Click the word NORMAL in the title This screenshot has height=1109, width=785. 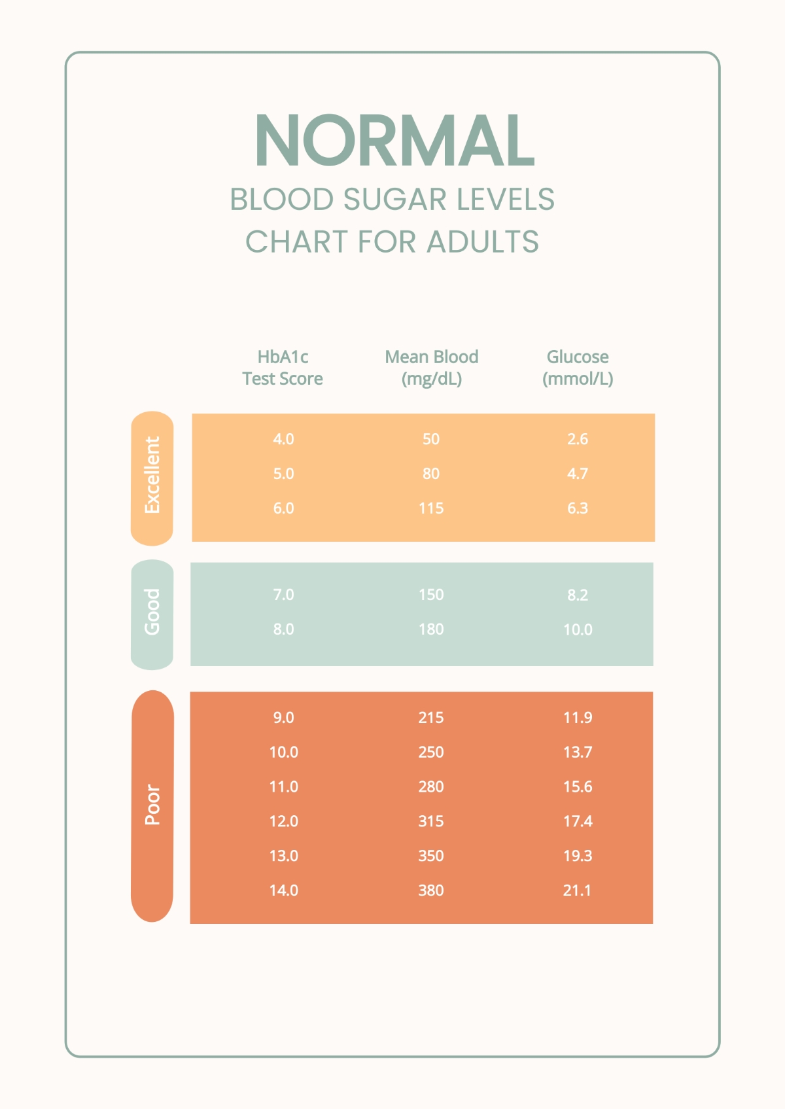tap(394, 141)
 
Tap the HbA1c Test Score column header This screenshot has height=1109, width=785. tap(283, 368)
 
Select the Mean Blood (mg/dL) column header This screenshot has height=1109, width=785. tap(431, 368)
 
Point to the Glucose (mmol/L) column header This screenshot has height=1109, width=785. tap(578, 368)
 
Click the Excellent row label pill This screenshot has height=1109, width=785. tap(152, 478)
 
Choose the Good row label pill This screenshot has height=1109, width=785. tap(152, 614)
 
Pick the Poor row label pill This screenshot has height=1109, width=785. tap(152, 805)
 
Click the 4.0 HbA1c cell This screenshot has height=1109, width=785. tap(283, 439)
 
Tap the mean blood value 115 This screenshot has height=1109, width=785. tap(431, 508)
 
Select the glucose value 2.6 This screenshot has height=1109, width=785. tap(578, 439)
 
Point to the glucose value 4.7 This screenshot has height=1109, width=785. tap(578, 474)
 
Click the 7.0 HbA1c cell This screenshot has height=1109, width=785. tap(283, 595)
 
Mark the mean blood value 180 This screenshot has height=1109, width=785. tap(431, 629)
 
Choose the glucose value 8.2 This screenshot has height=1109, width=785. tap(578, 595)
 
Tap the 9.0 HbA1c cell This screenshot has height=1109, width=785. tap(283, 718)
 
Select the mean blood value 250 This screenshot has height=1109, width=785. tap(431, 752)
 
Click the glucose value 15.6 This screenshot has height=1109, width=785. tap(578, 787)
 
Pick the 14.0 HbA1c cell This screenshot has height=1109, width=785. tap(283, 890)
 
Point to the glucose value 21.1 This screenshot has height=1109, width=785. tap(578, 890)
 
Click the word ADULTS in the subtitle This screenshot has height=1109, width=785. tap(483, 242)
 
